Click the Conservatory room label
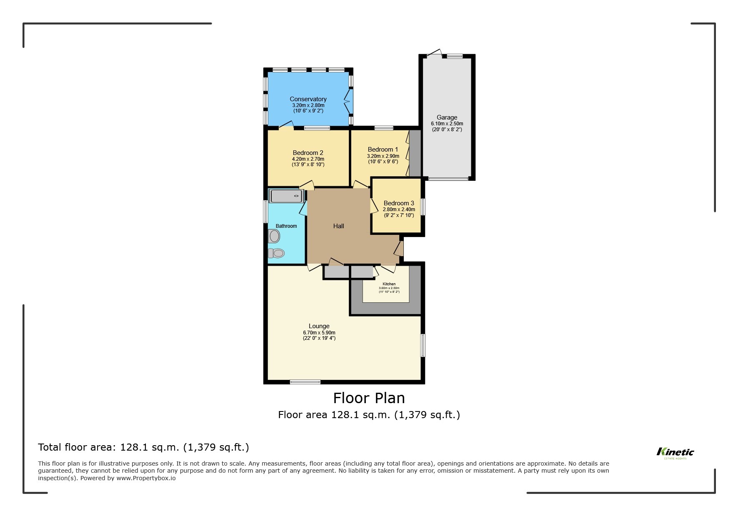click(308, 99)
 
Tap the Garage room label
click(447, 117)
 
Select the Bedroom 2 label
click(308, 153)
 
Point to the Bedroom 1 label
click(383, 150)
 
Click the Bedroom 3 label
click(399, 203)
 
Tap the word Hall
click(338, 226)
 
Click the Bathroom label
click(286, 226)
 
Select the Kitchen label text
click(389, 284)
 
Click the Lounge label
click(319, 326)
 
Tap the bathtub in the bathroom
click(286, 196)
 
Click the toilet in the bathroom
click(276, 253)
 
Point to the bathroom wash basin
click(274, 237)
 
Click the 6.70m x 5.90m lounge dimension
click(319, 333)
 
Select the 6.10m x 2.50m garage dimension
click(447, 124)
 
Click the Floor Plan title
click(369, 398)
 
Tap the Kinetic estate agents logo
click(675, 453)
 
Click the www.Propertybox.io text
click(146, 478)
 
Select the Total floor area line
click(143, 447)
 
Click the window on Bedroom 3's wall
click(423, 207)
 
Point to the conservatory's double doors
click(348, 101)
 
